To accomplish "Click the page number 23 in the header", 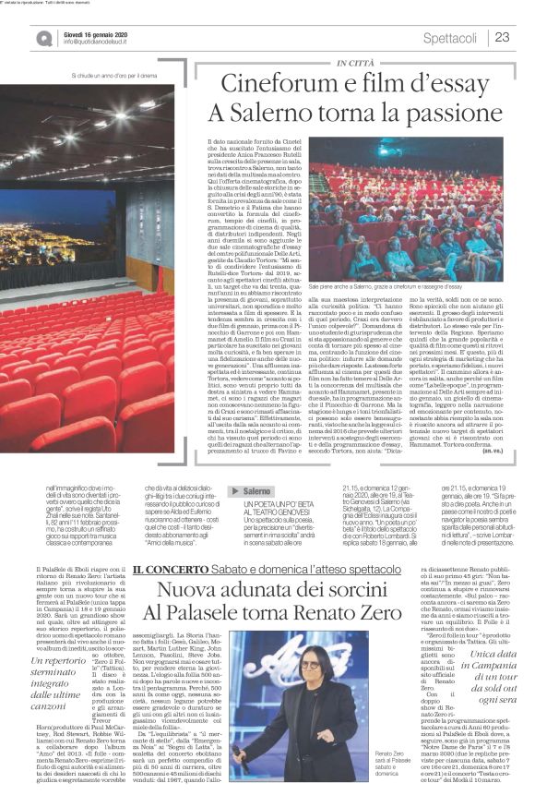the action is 503,37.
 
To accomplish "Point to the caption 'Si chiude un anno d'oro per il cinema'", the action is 120,75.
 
